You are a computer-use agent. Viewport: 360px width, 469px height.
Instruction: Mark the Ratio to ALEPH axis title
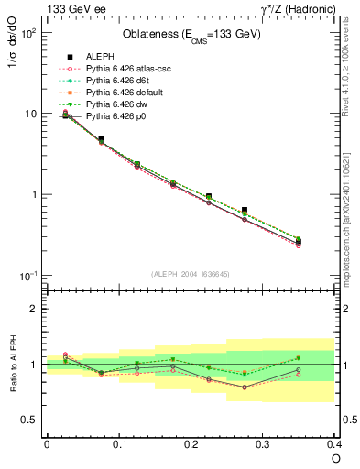click(14, 365)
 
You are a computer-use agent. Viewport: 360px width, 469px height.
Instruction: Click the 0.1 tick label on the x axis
click(118, 443)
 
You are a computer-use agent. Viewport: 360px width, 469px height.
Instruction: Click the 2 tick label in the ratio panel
click(35, 309)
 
